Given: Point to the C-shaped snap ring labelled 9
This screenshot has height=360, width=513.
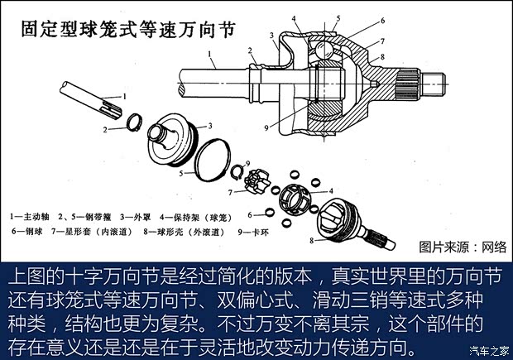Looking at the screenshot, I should [235, 173].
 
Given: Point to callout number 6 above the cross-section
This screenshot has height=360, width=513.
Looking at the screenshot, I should [382, 20].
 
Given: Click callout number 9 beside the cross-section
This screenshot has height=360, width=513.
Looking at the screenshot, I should [266, 127].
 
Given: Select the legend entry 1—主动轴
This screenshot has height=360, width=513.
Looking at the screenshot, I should [32, 216].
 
